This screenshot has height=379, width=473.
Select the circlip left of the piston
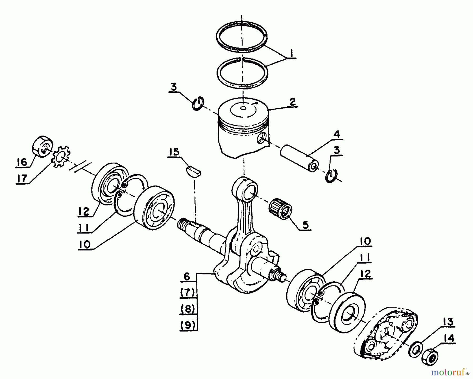(197, 103)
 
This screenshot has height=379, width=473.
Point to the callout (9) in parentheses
(188, 325)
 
